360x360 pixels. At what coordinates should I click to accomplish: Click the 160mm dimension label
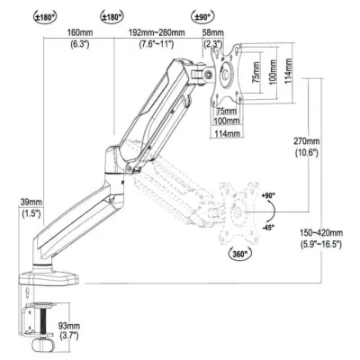(x=79, y=32)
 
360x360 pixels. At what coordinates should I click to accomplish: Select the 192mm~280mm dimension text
(x=157, y=32)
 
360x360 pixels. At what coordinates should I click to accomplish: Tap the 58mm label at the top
(x=213, y=32)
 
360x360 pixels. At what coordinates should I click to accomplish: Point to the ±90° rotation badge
(x=202, y=16)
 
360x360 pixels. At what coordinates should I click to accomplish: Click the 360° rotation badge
(x=240, y=254)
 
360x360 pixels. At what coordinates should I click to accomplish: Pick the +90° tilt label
(x=268, y=195)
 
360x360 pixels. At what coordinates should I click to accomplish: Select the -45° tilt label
(x=268, y=228)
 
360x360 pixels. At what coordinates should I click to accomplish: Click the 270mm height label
(x=306, y=140)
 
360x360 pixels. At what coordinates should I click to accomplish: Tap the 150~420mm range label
(x=321, y=232)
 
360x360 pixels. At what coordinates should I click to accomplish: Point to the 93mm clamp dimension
(x=69, y=325)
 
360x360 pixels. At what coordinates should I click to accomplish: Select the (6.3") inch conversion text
(x=80, y=44)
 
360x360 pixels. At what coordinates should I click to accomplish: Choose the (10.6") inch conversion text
(x=306, y=153)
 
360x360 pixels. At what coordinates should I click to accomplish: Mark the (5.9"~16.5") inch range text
(x=321, y=244)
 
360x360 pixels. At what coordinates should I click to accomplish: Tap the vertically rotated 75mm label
(x=256, y=73)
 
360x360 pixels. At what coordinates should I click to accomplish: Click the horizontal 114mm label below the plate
(x=227, y=133)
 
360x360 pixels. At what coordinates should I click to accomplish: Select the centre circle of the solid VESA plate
(x=227, y=72)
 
